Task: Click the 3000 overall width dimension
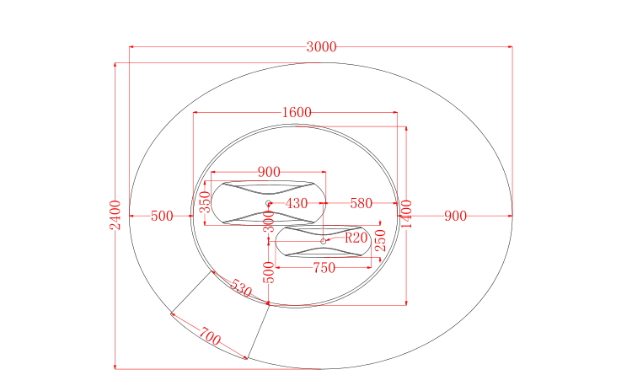coord(321,46)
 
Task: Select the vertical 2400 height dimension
coord(115,215)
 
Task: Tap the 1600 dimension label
coord(297,112)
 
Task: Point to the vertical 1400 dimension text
coord(407,214)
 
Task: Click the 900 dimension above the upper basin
coord(269,172)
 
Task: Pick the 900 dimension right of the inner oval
coord(455,216)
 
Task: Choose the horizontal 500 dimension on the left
coord(162,216)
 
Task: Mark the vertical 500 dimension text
coord(269,272)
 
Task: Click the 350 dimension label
coord(205,202)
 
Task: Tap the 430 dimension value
coord(297,203)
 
